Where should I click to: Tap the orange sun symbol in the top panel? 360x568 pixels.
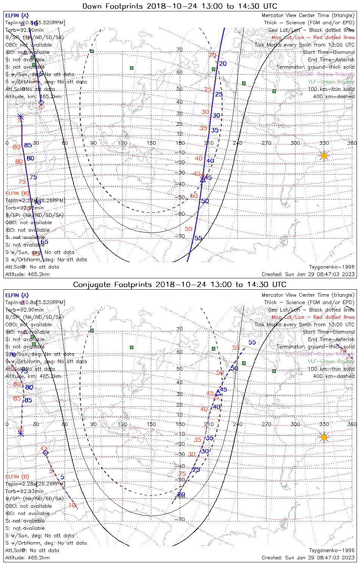[x=324, y=156]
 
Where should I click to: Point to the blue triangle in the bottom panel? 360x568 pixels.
[x=218, y=393]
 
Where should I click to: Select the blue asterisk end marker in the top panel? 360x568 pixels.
[x=20, y=117]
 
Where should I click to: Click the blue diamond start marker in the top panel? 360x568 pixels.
[x=41, y=103]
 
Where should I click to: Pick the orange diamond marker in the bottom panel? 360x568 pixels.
[x=44, y=449]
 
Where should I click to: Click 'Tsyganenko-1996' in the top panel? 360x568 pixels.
[x=332, y=267]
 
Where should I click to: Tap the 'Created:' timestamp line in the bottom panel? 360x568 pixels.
[x=308, y=558]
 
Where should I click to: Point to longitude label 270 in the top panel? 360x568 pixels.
[x=266, y=143]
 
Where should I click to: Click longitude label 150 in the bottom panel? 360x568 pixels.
[x=151, y=424]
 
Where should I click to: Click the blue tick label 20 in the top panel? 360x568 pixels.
[x=223, y=64]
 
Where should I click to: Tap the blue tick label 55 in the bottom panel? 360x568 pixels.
[x=252, y=342]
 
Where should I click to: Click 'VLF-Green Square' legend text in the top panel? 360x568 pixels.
[x=331, y=82]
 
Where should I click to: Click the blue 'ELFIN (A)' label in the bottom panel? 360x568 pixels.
[x=17, y=295]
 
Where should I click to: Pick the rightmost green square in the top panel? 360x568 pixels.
[x=274, y=91]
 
